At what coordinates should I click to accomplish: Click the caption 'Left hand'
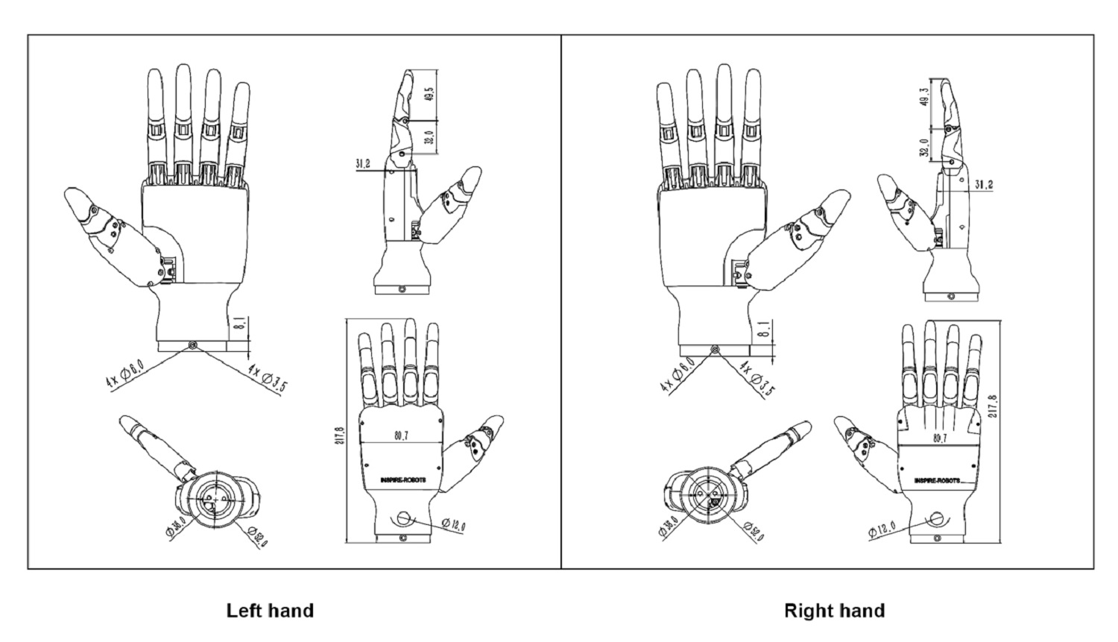(x=270, y=611)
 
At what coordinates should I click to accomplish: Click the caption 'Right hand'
(x=834, y=611)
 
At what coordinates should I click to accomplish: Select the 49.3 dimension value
(x=925, y=98)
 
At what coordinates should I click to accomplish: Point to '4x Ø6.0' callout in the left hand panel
(x=124, y=372)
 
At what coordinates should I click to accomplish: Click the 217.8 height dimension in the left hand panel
(x=341, y=434)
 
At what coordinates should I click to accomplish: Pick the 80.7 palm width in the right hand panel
(x=939, y=438)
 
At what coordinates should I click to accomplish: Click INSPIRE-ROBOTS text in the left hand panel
(x=398, y=480)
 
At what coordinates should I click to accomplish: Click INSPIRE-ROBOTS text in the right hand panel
(x=937, y=480)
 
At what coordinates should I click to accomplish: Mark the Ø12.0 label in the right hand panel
(x=882, y=531)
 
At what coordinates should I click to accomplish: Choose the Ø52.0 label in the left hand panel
(x=256, y=536)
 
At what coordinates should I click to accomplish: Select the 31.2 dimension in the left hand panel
(x=364, y=163)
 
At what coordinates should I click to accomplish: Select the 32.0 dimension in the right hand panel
(x=925, y=148)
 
